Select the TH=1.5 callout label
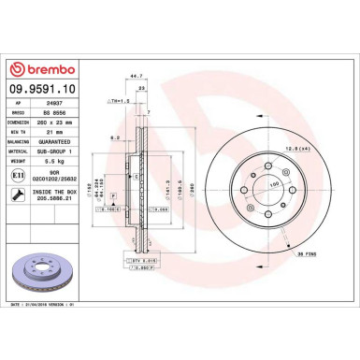coord(119,100)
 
